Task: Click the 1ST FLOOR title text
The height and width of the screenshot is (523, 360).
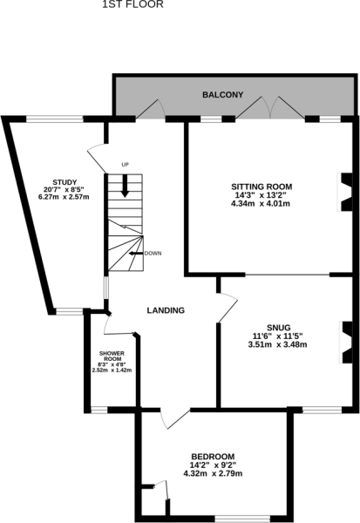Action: (132, 4)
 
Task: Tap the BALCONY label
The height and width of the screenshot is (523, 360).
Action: (223, 95)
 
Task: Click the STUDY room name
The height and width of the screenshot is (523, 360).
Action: (65, 182)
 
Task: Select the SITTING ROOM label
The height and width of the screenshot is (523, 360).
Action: (262, 187)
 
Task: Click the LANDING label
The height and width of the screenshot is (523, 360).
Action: (166, 310)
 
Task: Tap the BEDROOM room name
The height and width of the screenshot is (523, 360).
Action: (213, 457)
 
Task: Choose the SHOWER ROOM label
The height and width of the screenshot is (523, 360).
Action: (112, 356)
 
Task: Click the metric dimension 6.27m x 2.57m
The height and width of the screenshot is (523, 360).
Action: (64, 197)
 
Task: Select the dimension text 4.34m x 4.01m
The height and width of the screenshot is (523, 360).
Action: (261, 203)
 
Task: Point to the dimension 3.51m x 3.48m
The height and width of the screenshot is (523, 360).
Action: (277, 344)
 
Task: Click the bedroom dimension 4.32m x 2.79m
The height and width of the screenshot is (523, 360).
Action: (213, 473)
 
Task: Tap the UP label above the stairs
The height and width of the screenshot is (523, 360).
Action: (126, 165)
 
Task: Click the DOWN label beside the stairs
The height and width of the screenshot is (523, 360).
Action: (153, 254)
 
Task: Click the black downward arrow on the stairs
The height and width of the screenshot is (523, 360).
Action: (126, 186)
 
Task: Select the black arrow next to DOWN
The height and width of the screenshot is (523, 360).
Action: (136, 254)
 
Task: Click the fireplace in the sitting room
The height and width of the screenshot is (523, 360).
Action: (345, 192)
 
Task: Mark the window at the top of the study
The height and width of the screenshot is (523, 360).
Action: (54, 119)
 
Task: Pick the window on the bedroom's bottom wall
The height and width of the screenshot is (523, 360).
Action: (242, 519)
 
